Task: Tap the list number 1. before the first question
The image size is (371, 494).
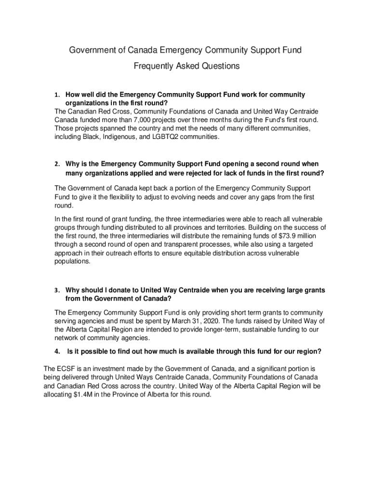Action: coord(57,95)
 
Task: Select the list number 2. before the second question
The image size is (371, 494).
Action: coord(57,165)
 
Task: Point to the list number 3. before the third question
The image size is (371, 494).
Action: coord(57,290)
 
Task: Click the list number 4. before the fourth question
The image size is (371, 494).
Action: coord(57,352)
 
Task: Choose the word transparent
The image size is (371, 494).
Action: coord(196,245)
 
